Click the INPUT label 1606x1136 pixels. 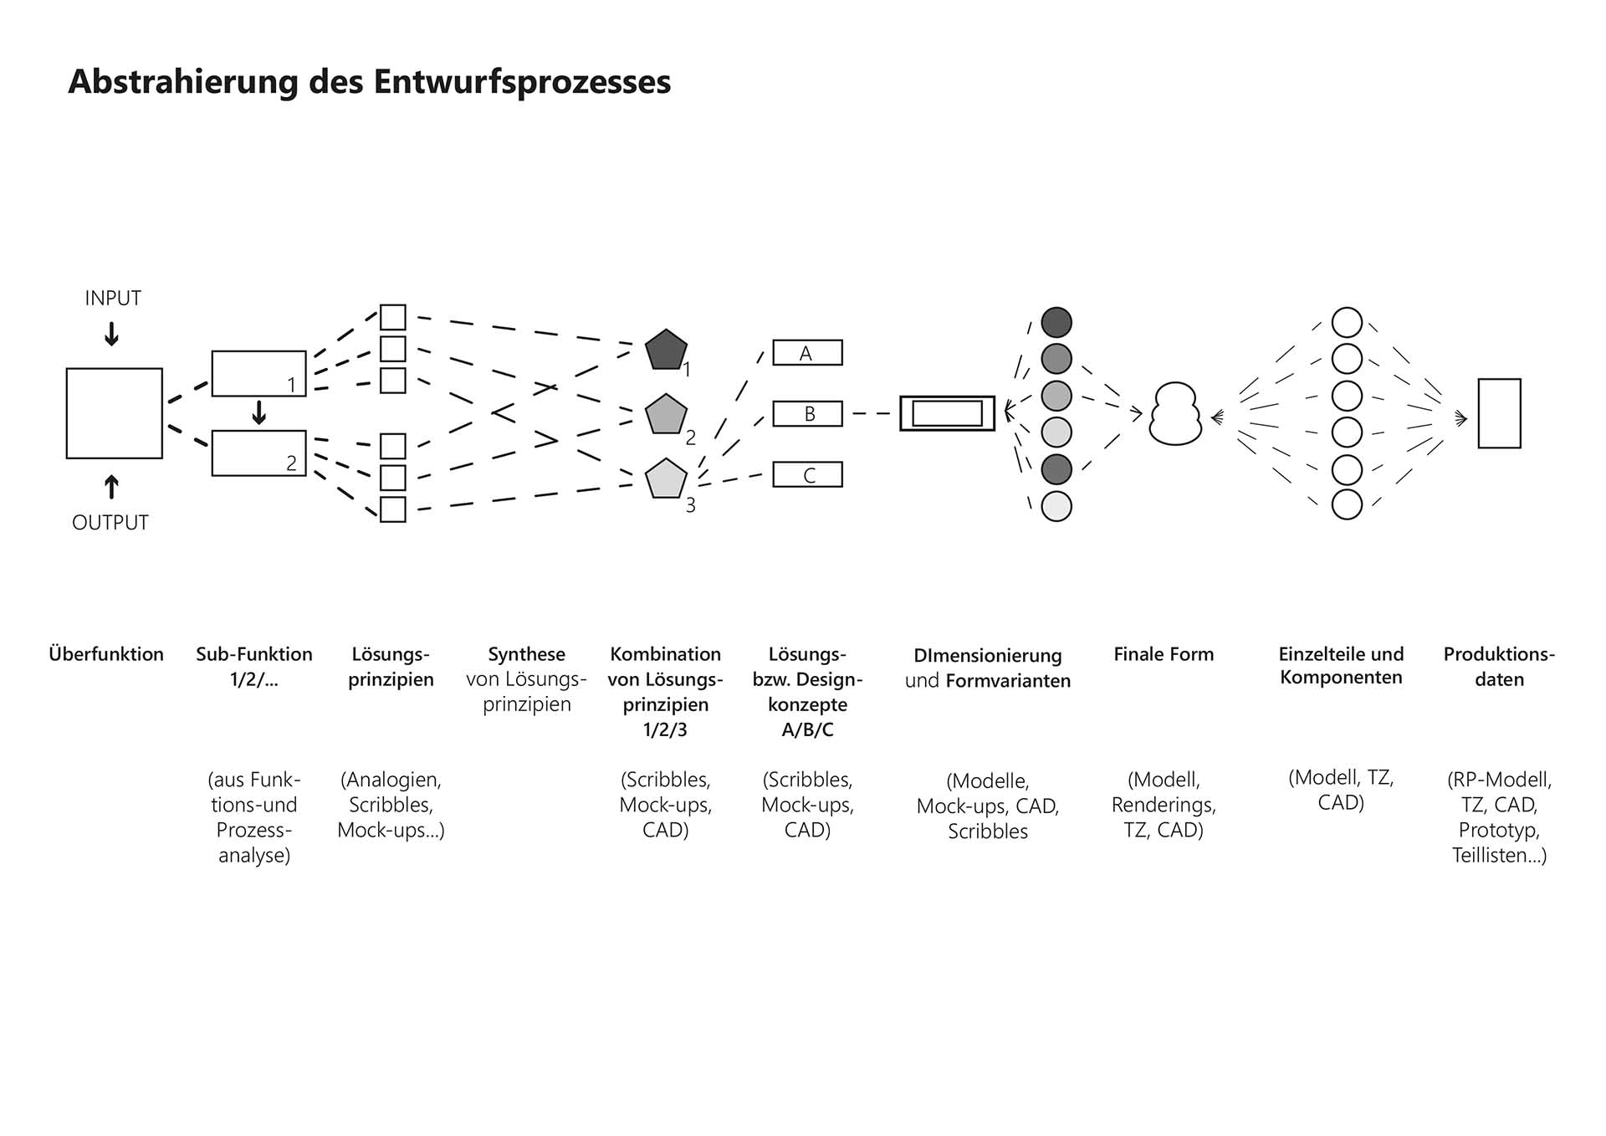coord(113,298)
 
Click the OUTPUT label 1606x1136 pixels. coord(110,523)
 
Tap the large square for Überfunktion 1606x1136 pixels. coord(115,413)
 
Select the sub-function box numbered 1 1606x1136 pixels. coord(258,373)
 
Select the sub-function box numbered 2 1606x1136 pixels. coord(258,453)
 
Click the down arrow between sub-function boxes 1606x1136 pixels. coord(259,412)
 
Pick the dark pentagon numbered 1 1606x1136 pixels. coord(666,351)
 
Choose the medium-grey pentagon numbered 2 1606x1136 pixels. coord(666,415)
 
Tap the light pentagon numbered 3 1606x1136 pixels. coord(666,479)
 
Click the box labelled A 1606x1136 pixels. coord(807,353)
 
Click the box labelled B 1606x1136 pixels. coord(807,414)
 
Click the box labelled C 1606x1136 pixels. coord(807,475)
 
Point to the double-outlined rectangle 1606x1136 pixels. coord(947,413)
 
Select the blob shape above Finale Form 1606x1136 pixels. coord(1175,414)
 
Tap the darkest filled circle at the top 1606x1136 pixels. coord(1056,322)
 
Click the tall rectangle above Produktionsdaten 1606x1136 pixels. coord(1499,413)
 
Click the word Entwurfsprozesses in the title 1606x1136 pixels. coord(522,82)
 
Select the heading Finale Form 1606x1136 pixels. coord(1164,654)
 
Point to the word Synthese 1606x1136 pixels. coord(526,654)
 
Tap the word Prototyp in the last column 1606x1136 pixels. coord(1499,830)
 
